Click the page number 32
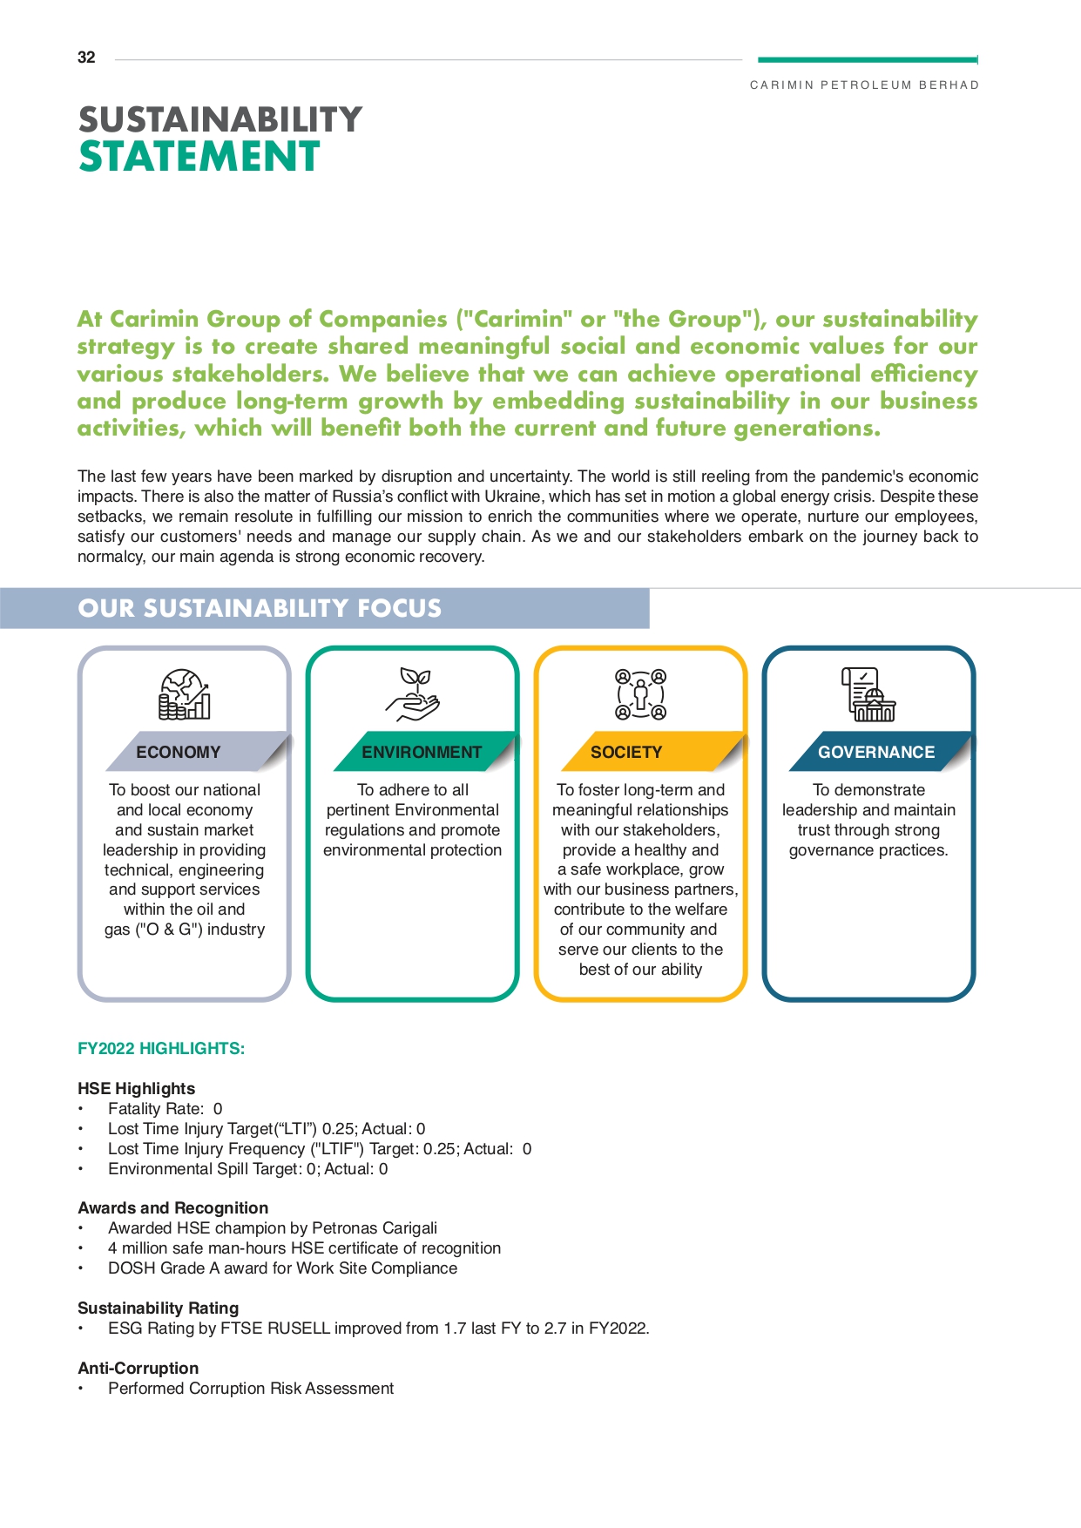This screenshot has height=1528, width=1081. [86, 57]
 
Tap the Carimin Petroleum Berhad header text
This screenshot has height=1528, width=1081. [864, 85]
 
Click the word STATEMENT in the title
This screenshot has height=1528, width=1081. [199, 158]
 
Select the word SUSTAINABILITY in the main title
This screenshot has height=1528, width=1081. [220, 120]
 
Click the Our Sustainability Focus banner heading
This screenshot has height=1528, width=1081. [260, 608]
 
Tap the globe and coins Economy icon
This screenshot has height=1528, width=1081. [185, 694]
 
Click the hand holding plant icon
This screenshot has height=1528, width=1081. [413, 694]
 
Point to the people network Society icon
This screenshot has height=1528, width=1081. [641, 694]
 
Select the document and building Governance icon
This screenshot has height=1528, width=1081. [868, 694]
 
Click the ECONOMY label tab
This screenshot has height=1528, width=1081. [179, 752]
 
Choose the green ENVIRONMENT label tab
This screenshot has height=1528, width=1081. [422, 752]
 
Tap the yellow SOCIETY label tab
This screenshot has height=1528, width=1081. [626, 752]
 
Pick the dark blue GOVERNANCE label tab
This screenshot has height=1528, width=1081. [875, 752]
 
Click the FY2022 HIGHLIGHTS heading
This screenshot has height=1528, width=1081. [161, 1048]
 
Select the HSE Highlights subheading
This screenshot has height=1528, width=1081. [136, 1088]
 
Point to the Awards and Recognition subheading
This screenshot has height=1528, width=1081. [172, 1207]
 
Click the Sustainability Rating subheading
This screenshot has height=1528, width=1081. [158, 1308]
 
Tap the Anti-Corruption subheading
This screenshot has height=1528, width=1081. [138, 1368]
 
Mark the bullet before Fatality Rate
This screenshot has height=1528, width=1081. [81, 1109]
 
